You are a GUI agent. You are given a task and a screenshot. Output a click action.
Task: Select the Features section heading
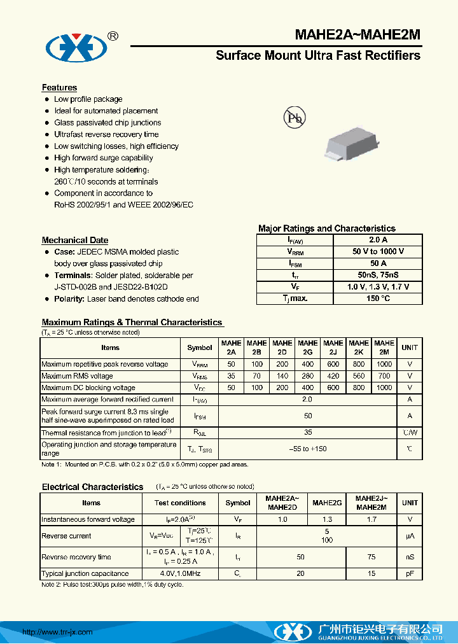[x=59, y=88]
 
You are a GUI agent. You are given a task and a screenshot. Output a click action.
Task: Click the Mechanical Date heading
[x=74, y=240]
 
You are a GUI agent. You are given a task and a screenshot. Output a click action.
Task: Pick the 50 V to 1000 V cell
[x=378, y=251]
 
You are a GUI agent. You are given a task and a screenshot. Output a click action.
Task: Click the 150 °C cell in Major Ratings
[x=378, y=298]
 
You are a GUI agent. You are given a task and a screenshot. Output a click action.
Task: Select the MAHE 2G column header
[x=308, y=347]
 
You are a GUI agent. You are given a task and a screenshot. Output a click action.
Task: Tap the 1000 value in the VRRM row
[x=384, y=365]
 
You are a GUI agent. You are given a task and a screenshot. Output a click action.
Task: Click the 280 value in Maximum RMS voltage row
[x=308, y=376]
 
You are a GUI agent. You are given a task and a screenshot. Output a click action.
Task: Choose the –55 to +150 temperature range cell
[x=308, y=449]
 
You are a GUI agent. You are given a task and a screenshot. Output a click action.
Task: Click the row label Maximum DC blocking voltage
[x=88, y=388]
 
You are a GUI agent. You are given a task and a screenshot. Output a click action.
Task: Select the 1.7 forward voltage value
[x=371, y=519]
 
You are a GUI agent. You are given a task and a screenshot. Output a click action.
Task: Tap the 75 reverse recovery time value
[x=371, y=557]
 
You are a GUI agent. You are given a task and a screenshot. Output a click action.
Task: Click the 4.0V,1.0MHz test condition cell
[x=180, y=573]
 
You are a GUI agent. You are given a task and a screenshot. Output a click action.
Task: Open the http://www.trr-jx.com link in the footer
[x=58, y=632]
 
